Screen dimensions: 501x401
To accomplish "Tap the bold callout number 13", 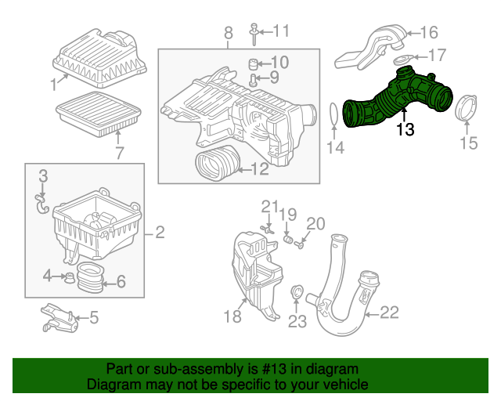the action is (x=405, y=130).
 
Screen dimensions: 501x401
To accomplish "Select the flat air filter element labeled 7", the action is (x=99, y=114).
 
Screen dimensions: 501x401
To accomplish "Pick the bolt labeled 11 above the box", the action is (x=254, y=34).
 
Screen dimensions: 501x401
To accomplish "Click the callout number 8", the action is (x=228, y=33).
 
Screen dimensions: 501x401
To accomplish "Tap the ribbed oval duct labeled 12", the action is (x=218, y=163).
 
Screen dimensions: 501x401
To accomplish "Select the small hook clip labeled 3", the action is (x=41, y=204).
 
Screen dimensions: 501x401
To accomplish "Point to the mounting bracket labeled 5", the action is (x=59, y=319).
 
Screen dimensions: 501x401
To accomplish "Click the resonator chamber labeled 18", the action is (x=256, y=275).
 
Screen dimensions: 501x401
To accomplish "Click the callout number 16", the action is (x=428, y=32).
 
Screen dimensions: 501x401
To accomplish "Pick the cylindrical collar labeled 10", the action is (x=253, y=64).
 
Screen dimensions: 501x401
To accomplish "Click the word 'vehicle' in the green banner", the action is (x=348, y=384).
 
